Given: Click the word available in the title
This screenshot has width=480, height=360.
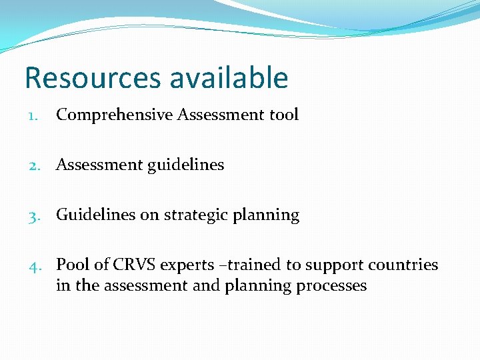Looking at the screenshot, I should click(229, 78).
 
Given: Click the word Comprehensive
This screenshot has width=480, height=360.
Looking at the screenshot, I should click(114, 115).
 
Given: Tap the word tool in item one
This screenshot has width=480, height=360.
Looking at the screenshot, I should click(284, 115).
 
